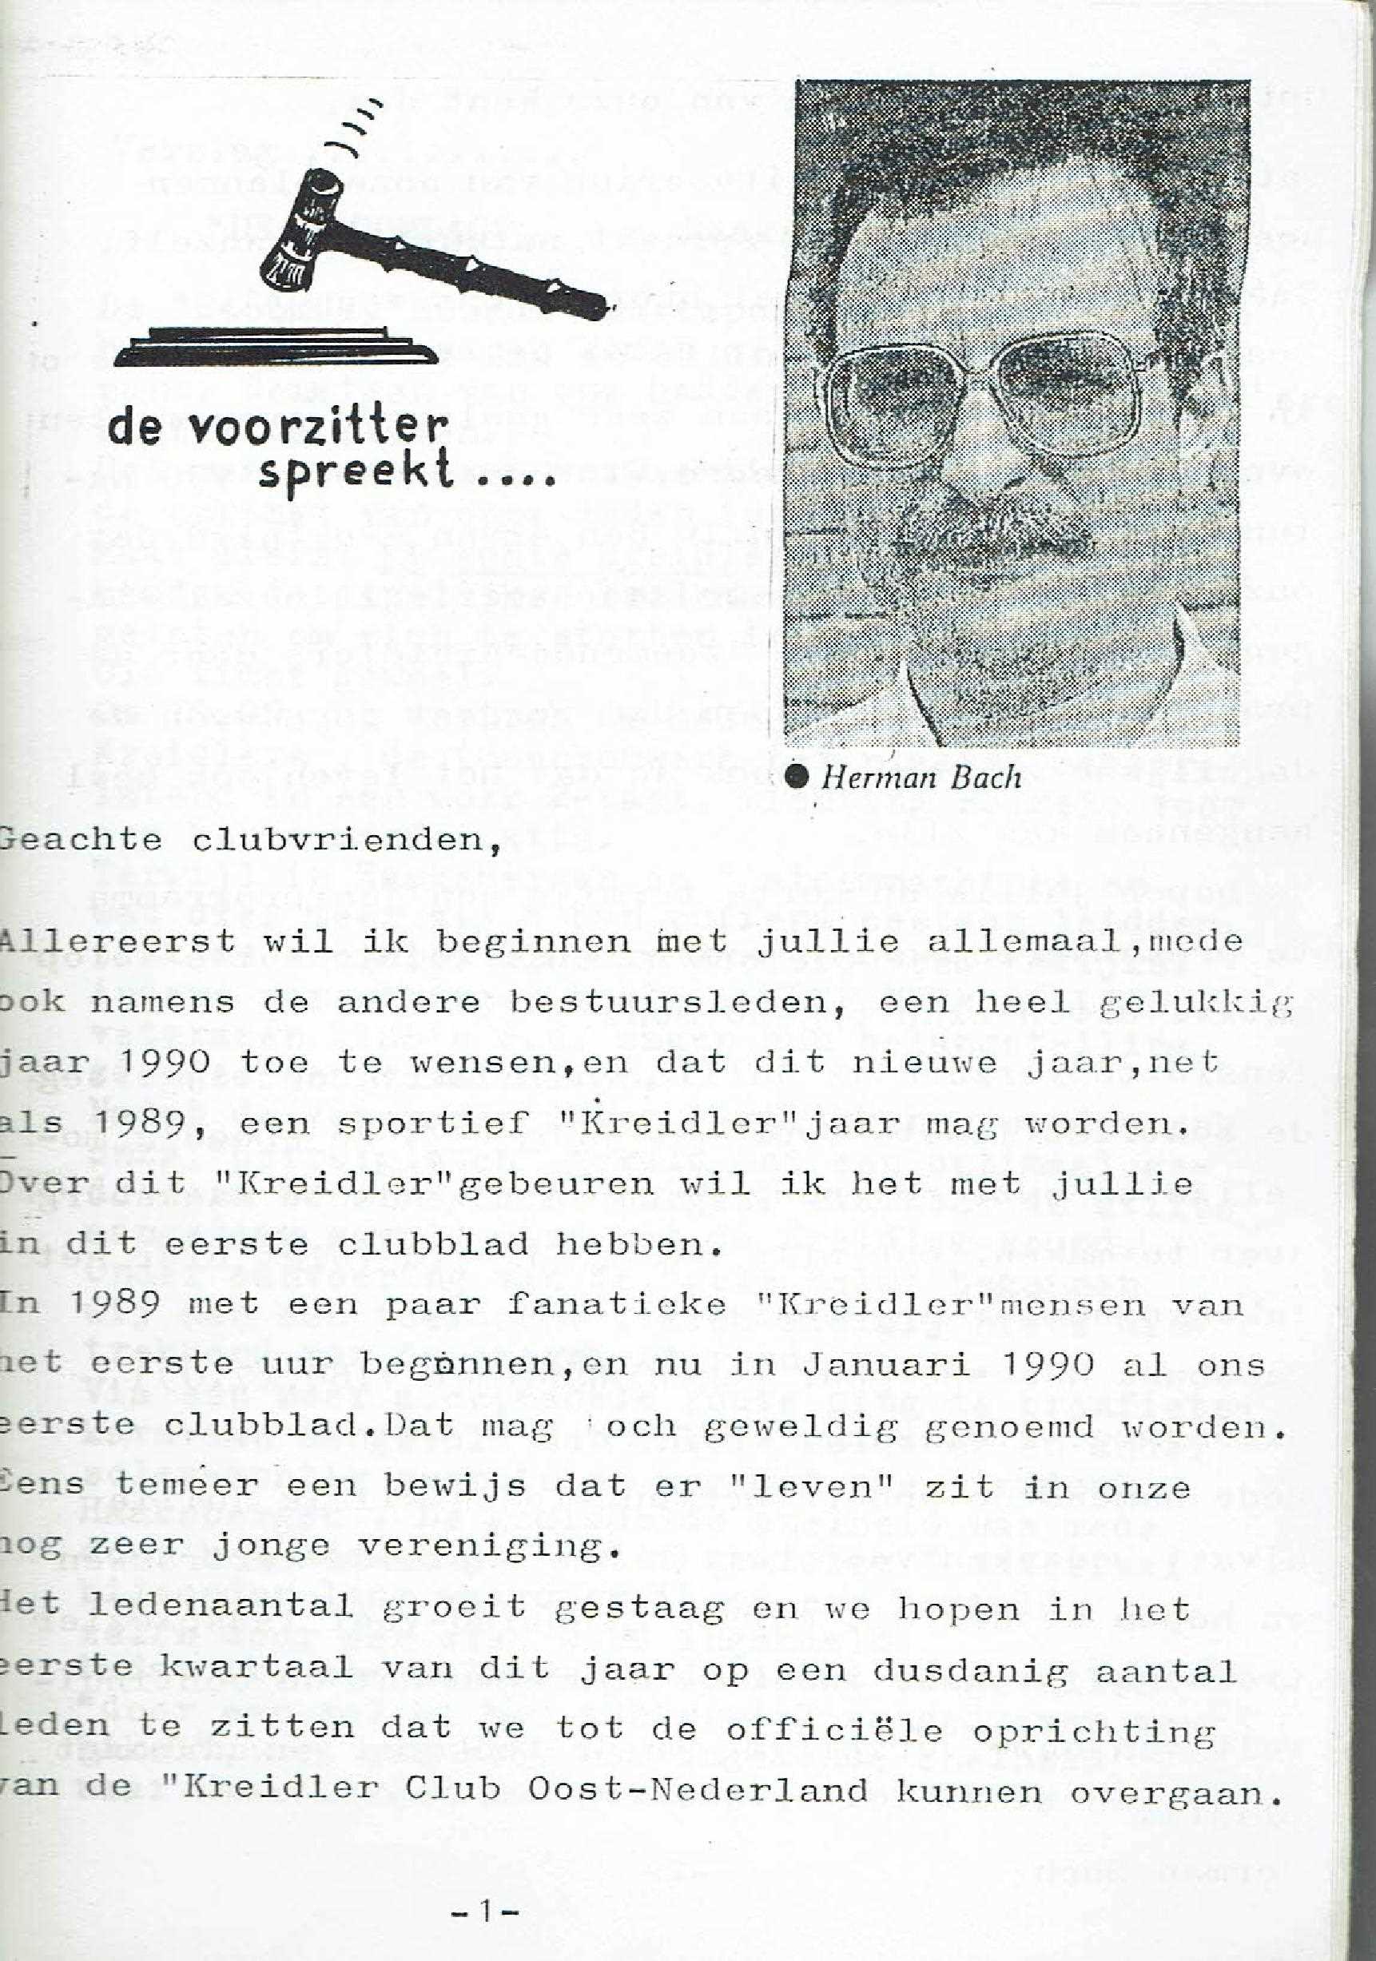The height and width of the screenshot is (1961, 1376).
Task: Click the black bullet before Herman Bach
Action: point(796,777)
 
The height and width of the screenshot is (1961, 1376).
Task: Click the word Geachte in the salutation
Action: point(82,841)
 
